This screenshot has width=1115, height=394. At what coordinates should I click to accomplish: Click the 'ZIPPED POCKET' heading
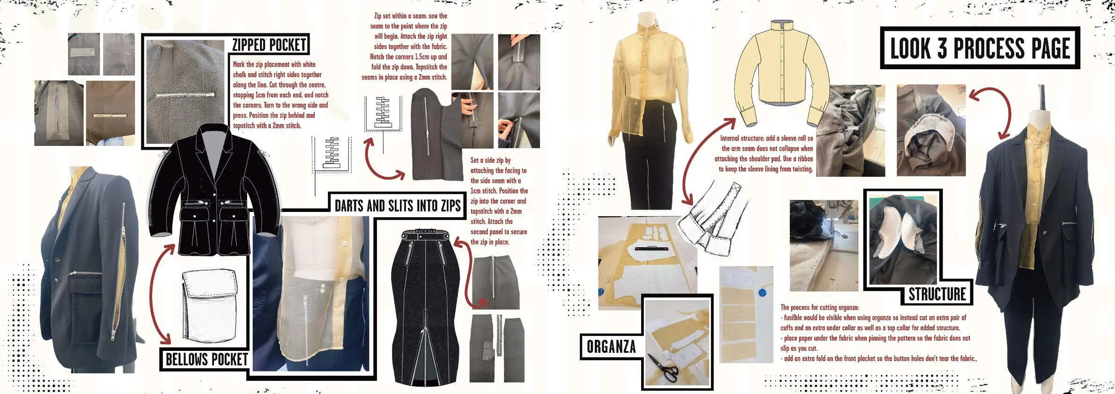[x=269, y=45]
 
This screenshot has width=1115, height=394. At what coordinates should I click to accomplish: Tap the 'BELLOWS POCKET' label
[x=207, y=359]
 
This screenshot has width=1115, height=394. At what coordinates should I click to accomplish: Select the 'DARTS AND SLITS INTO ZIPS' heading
[x=398, y=205]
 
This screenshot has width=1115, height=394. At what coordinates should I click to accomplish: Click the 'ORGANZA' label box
[x=611, y=346]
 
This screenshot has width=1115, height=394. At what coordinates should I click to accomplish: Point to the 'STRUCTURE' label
[x=937, y=294]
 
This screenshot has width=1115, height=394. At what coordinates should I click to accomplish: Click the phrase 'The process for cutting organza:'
[x=820, y=307]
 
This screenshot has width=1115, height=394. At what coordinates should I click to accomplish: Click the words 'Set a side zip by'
[x=490, y=160]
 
